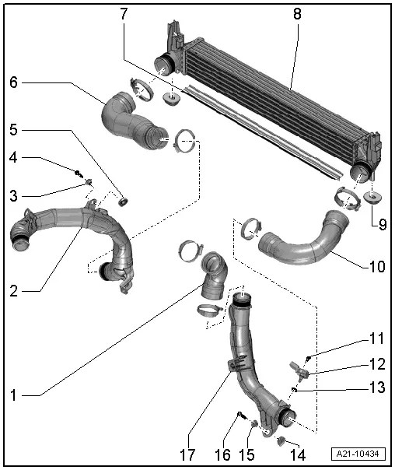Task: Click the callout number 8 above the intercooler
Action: [x=296, y=15]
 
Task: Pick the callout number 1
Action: [x=14, y=394]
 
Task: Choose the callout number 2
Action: [x=14, y=291]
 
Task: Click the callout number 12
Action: [x=376, y=364]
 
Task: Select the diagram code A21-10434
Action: [x=360, y=454]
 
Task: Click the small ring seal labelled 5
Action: [x=123, y=203]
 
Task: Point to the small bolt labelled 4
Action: [x=79, y=171]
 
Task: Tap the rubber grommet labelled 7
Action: [x=170, y=99]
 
